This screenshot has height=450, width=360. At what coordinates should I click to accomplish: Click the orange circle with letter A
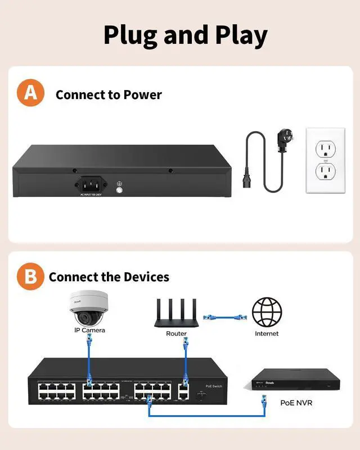pyautogui.click(x=30, y=93)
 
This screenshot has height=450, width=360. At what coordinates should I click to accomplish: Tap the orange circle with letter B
pyautogui.click(x=30, y=276)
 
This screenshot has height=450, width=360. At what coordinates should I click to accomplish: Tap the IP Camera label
pyautogui.click(x=89, y=330)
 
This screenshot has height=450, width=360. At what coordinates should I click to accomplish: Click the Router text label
pyautogui.click(x=176, y=334)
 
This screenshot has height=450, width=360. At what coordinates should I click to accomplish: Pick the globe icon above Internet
pyautogui.click(x=267, y=312)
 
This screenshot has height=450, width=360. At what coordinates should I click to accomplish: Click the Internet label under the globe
pyautogui.click(x=267, y=334)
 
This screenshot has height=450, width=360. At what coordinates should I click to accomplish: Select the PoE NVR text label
pyautogui.click(x=296, y=403)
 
